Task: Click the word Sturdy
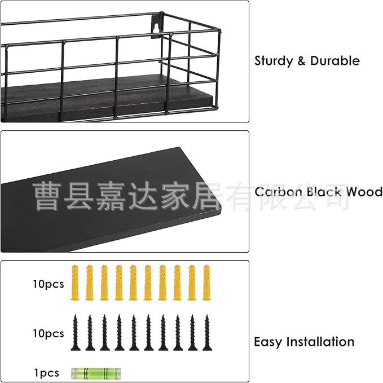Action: click(273, 61)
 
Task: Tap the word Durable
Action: click(334, 60)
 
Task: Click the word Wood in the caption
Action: click(364, 192)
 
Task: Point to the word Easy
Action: click(267, 342)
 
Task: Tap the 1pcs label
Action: click(46, 373)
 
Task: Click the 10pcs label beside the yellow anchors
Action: click(48, 284)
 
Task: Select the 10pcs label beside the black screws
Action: click(48, 333)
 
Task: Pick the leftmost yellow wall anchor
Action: click(74, 283)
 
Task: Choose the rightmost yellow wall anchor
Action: click(206, 283)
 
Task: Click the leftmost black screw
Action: click(74, 333)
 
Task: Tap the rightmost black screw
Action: click(206, 333)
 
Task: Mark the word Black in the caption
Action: click(324, 192)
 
